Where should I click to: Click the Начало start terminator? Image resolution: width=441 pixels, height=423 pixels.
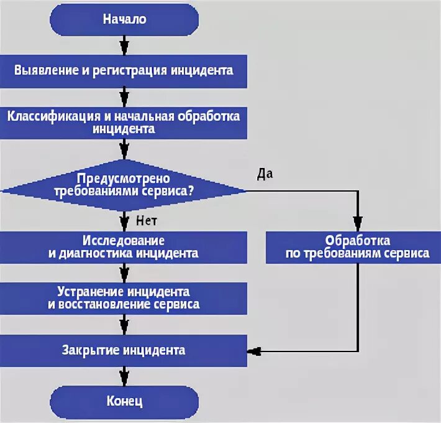[x=124, y=19]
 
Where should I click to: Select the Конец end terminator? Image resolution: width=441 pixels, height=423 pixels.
[x=124, y=401]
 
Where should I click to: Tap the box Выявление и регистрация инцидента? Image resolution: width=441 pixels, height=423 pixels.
[x=124, y=70]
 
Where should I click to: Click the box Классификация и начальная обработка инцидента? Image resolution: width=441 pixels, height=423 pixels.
[x=124, y=123]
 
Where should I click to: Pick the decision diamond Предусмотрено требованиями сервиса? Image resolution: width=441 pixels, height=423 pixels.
[x=124, y=184]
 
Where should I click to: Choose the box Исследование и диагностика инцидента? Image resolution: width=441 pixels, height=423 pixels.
[x=124, y=247]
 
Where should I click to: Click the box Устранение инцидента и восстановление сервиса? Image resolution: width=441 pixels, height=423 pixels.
[x=124, y=298]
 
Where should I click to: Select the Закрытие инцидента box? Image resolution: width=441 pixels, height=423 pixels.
[x=124, y=350]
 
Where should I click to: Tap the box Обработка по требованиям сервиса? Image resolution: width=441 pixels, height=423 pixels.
[x=357, y=247]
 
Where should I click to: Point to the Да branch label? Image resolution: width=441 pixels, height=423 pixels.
[x=265, y=174]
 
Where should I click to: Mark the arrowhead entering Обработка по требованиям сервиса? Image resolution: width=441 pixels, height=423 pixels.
[x=357, y=223]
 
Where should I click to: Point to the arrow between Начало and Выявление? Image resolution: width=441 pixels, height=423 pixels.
[x=124, y=45]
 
